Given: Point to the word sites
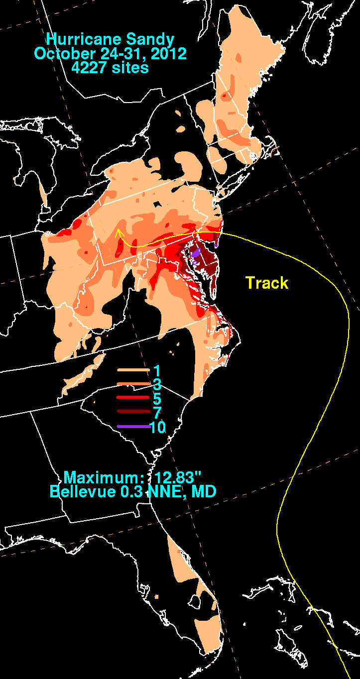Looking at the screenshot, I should click(130, 67).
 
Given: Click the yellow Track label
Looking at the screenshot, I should click(267, 283).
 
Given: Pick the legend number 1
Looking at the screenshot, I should click(156, 371).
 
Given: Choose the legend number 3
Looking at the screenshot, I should click(157, 385).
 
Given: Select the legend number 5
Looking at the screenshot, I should click(157, 398).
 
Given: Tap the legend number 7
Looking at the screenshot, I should click(157, 412).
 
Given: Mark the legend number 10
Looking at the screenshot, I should click(158, 427).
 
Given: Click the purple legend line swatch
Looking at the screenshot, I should click(133, 427).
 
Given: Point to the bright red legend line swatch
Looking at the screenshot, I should click(133, 398).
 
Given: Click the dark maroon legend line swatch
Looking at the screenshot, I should click(133, 412).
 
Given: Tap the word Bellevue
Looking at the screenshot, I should click(75, 491).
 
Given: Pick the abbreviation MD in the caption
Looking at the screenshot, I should click(205, 491).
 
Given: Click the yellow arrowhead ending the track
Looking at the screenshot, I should click(118, 231).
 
